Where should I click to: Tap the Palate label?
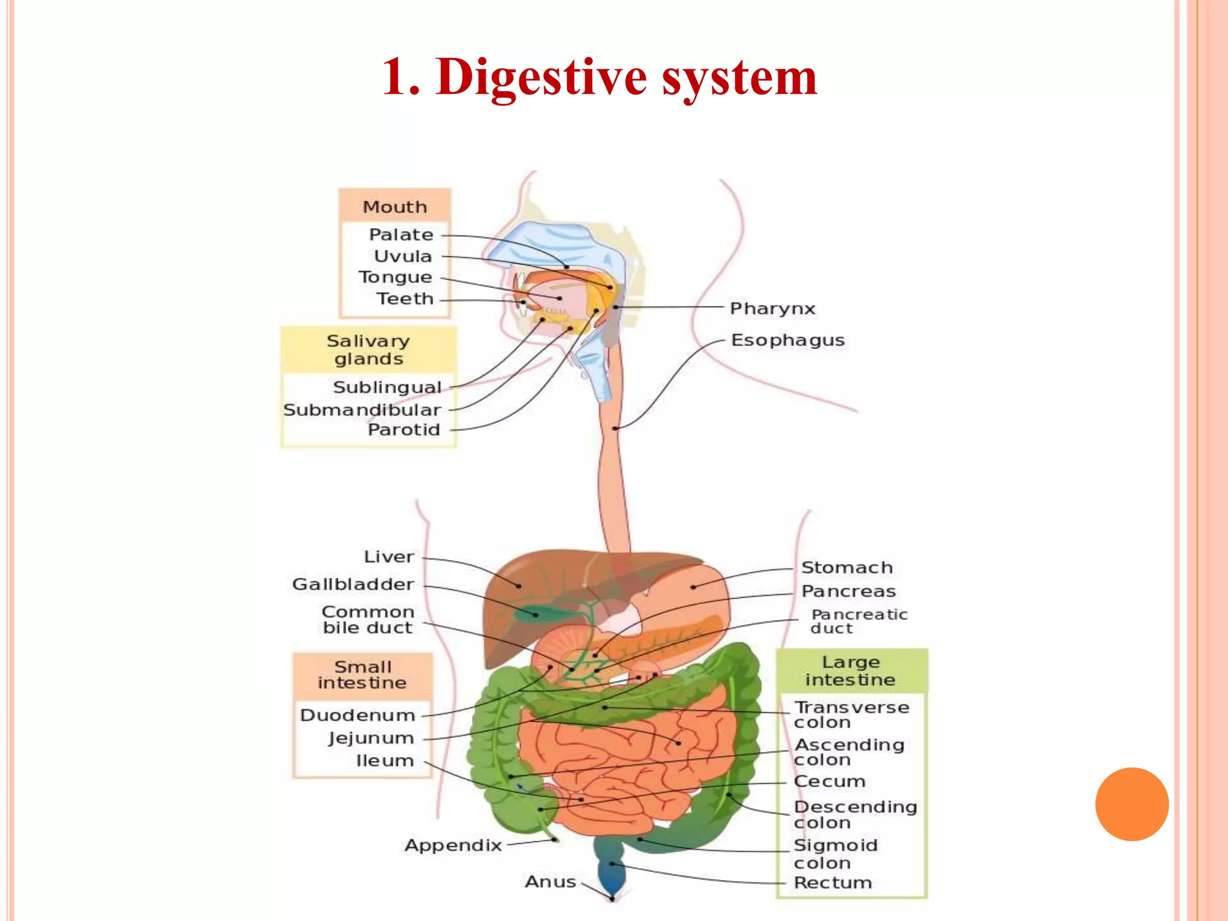401,234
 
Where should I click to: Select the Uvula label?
402,256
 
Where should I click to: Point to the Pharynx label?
772,309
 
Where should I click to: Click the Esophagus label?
787,341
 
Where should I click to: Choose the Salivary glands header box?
368,350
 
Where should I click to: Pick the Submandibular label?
362,410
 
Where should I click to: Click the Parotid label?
404,430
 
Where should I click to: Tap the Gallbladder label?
353,584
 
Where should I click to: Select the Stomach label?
847,567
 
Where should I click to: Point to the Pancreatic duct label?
859,621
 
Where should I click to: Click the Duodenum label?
357,715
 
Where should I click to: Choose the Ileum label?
385,761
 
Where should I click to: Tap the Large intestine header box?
851,671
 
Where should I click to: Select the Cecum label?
829,782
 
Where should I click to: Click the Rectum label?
832,883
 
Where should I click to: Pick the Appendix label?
453,845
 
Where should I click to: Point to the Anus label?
550,882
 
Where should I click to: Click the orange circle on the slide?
1131,804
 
